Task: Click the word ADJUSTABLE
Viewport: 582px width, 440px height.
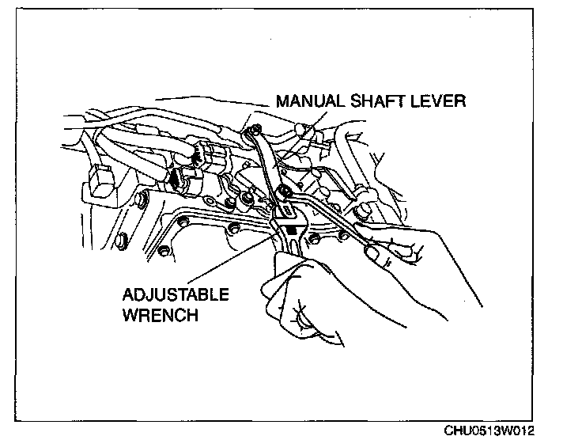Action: pyautogui.click(x=176, y=295)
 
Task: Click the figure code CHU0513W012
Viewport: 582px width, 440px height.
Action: pyautogui.click(x=489, y=431)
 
